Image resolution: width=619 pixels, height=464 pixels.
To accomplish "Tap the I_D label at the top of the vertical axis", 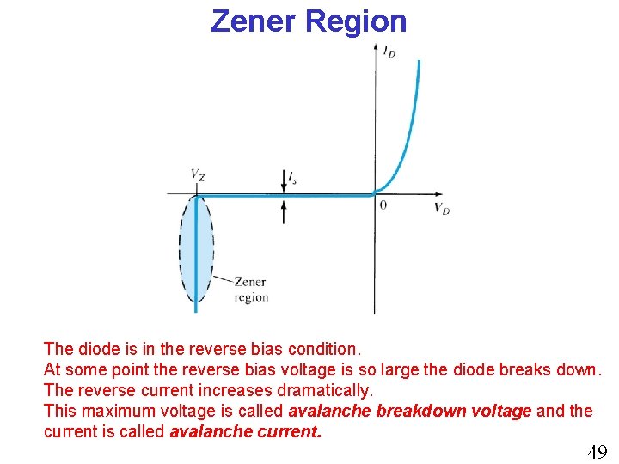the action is click(389, 52).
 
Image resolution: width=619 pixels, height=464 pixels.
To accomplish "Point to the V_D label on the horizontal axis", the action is click(442, 208).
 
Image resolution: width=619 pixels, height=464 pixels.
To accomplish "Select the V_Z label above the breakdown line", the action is click(198, 175).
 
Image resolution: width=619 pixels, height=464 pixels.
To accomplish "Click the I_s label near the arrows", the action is click(293, 177).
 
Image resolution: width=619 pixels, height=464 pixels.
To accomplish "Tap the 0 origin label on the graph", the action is click(383, 205).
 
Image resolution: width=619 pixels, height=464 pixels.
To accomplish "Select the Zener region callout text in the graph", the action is click(250, 290).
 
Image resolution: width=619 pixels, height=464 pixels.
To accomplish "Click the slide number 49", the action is click(597, 452).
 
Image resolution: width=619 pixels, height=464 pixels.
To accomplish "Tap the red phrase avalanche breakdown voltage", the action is click(410, 411).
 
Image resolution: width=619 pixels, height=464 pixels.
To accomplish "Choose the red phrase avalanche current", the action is click(246, 431).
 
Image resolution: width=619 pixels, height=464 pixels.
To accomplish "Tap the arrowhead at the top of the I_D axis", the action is click(375, 46).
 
